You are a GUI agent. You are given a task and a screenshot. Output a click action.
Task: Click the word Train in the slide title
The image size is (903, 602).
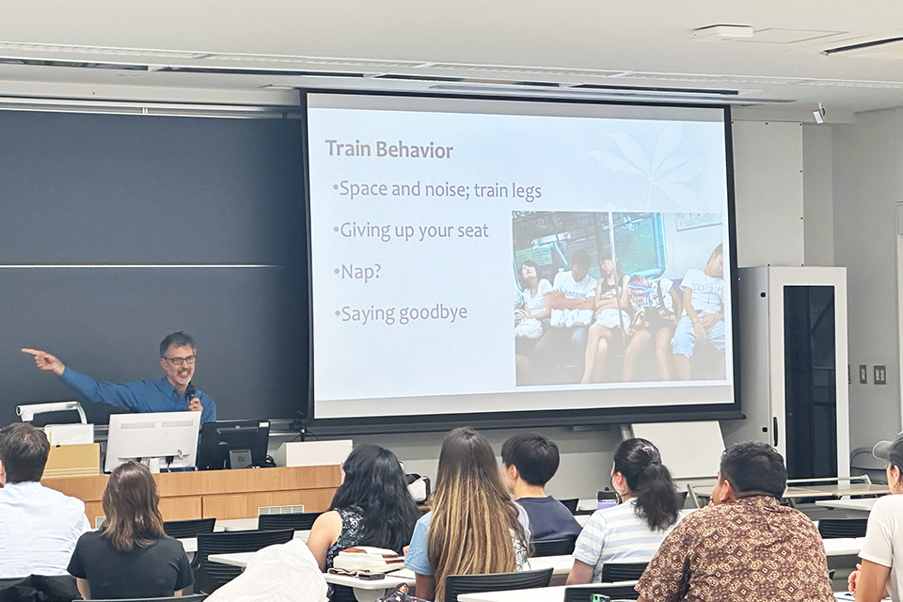pyautogui.click(x=347, y=150)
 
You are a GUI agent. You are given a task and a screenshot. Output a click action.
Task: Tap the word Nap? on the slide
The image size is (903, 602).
pyautogui.click(x=361, y=271)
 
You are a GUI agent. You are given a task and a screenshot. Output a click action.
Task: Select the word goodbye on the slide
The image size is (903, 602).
pyautogui.click(x=433, y=314)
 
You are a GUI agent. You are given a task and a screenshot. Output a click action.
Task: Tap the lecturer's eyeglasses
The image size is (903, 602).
pyautogui.click(x=179, y=359)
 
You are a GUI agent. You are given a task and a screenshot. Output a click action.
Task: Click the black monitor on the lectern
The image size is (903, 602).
pyautogui.click(x=233, y=443)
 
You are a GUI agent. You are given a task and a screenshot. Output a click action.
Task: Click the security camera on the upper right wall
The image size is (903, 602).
pyautogui.click(x=818, y=114)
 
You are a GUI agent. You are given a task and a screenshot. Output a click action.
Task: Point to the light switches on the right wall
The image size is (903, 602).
pyautogui.click(x=870, y=373)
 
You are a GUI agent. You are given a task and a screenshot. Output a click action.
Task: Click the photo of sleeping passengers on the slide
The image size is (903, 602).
pyautogui.click(x=618, y=298)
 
